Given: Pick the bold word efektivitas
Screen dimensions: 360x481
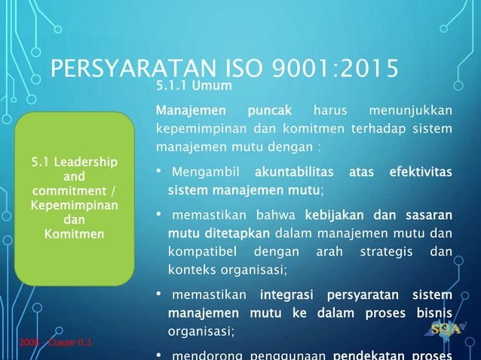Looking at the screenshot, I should coord(420,174).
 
